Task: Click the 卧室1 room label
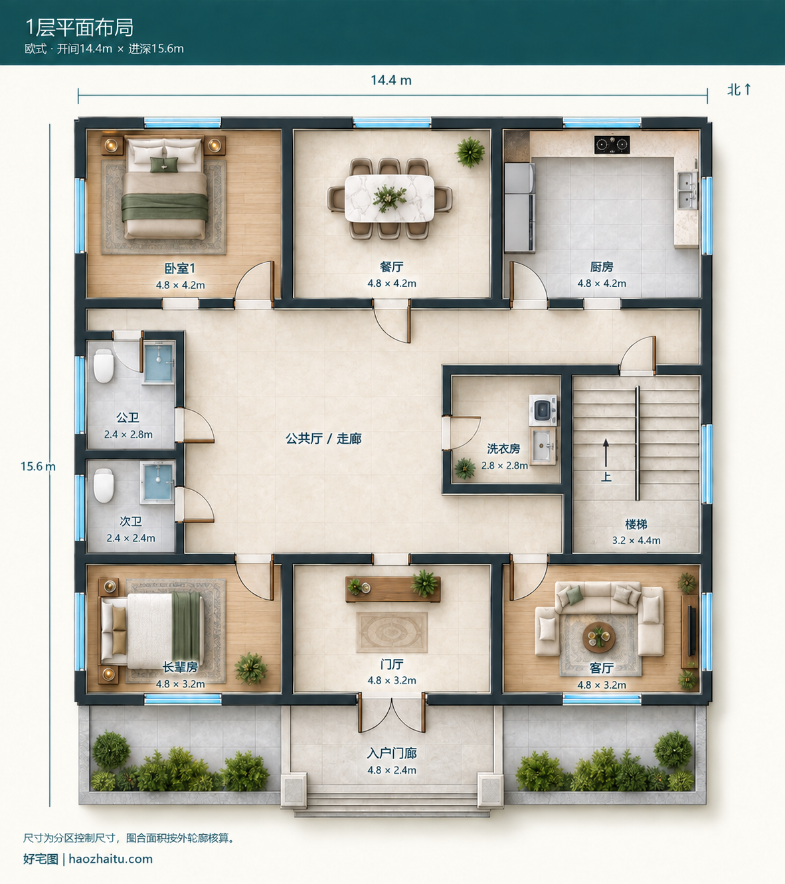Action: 180,268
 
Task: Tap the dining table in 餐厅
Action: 389,199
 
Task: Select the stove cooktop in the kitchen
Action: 612,144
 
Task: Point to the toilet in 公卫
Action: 104,366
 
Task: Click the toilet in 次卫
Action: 104,486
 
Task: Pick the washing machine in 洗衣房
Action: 543,410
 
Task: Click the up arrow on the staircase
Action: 606,454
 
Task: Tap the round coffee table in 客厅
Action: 599,638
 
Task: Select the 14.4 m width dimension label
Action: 391,80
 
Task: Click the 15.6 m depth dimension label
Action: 38,466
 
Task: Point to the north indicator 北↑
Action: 739,90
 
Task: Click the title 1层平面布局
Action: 80,27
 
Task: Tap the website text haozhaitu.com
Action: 111,859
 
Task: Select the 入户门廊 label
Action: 392,753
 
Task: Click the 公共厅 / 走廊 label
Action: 324,438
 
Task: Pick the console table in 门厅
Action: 392,589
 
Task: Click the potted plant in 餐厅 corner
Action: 470,152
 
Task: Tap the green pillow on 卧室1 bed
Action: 164,165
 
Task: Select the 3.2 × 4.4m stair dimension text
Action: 636,540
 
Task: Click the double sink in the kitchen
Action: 687,190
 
